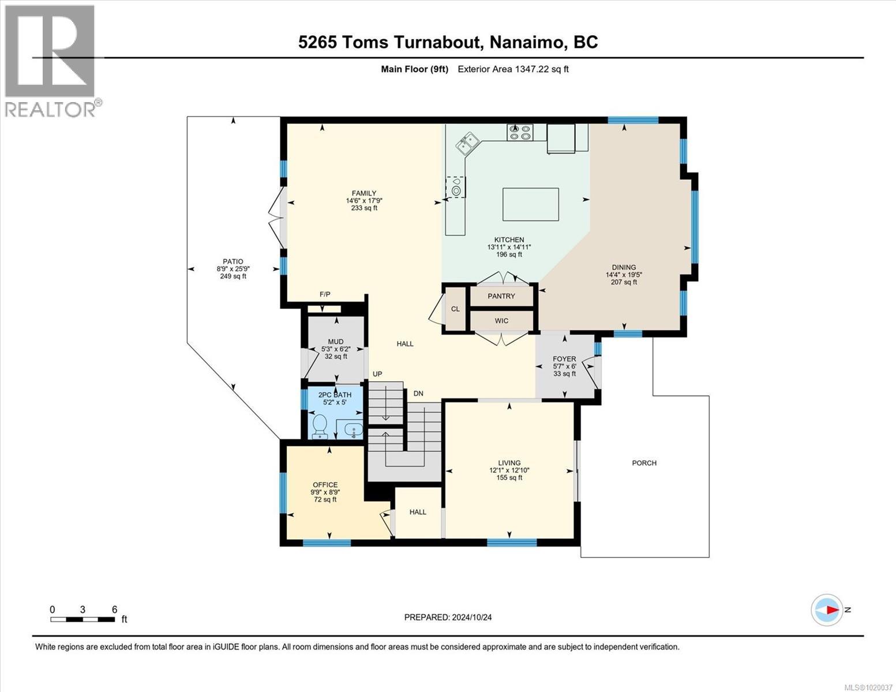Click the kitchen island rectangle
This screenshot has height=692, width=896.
pos(530,204)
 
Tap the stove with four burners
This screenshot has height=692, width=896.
pos(519,132)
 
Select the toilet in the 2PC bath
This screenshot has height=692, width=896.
pos(320,427)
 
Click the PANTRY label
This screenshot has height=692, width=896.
pos(501,296)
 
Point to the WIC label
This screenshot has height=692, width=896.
pos(501,321)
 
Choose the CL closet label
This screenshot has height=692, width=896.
pos(455,309)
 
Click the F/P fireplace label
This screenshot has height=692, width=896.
pos(325,294)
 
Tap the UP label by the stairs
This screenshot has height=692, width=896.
pos(377,374)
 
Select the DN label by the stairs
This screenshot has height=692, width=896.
pos(418,394)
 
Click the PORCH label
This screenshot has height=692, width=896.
pos(644,463)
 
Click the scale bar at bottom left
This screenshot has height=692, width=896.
pos(83,619)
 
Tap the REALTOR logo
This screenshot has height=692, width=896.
pos(51,61)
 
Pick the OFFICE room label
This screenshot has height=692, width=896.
pos(325,485)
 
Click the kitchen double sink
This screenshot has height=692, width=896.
pos(467,142)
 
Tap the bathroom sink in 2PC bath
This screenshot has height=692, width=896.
pos(353,431)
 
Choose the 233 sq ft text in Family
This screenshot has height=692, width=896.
pos(364,208)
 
